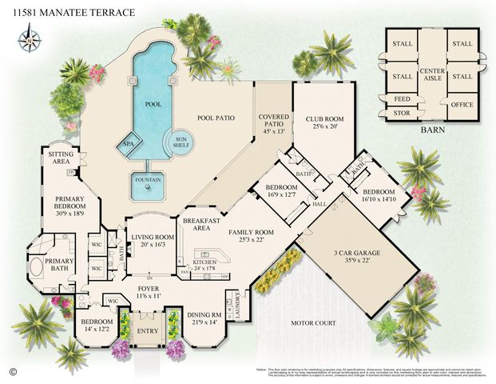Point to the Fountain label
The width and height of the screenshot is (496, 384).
(146, 179)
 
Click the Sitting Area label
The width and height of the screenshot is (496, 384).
(61, 158)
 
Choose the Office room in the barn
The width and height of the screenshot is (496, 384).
(462, 104)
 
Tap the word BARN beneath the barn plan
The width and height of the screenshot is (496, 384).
(432, 128)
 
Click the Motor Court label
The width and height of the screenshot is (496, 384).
(311, 322)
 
